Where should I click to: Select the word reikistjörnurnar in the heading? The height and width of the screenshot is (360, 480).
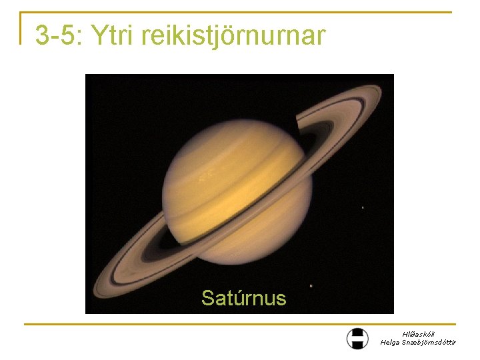(x=233, y=36)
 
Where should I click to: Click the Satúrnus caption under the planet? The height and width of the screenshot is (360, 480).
(x=243, y=297)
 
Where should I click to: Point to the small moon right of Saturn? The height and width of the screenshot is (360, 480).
(x=362, y=207)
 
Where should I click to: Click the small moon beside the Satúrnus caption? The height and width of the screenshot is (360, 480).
(x=311, y=286)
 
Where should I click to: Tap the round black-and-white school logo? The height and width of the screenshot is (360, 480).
(x=357, y=338)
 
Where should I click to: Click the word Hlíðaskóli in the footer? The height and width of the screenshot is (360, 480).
(x=418, y=334)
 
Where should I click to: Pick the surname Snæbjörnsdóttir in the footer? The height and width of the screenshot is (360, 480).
(x=431, y=342)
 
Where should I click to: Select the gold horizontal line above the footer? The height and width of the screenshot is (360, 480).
(x=240, y=325)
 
